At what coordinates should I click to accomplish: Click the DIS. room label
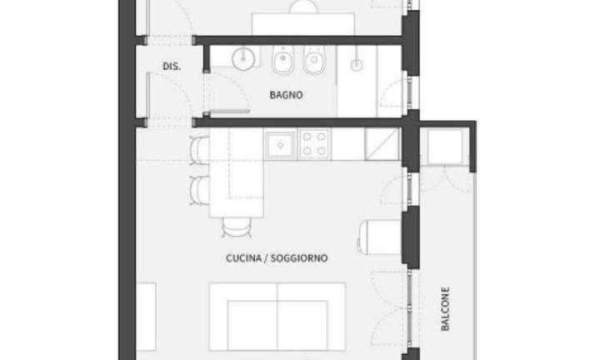(x=172, y=66)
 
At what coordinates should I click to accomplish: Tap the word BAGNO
(x=286, y=95)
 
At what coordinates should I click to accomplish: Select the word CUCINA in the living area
(x=243, y=258)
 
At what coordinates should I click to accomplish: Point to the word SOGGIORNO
(x=299, y=258)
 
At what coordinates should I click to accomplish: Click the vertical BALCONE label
(x=445, y=309)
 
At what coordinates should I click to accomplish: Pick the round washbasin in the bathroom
(x=243, y=58)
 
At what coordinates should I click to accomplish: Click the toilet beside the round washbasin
(x=283, y=60)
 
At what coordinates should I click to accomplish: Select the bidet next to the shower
(x=314, y=60)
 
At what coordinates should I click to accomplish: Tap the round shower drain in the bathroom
(x=357, y=66)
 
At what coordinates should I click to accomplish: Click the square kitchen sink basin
(x=281, y=145)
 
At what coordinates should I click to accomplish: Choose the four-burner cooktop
(x=314, y=144)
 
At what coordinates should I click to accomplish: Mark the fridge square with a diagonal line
(x=382, y=144)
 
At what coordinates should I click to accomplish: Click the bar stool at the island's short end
(x=237, y=227)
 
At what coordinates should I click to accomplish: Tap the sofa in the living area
(x=277, y=317)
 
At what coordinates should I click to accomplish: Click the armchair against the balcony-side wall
(x=379, y=237)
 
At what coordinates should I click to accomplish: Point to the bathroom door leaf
(x=229, y=112)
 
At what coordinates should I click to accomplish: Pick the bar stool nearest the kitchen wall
(x=199, y=151)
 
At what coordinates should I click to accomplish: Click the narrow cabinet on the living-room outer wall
(x=146, y=317)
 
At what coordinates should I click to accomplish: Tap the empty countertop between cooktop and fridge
(x=347, y=144)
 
